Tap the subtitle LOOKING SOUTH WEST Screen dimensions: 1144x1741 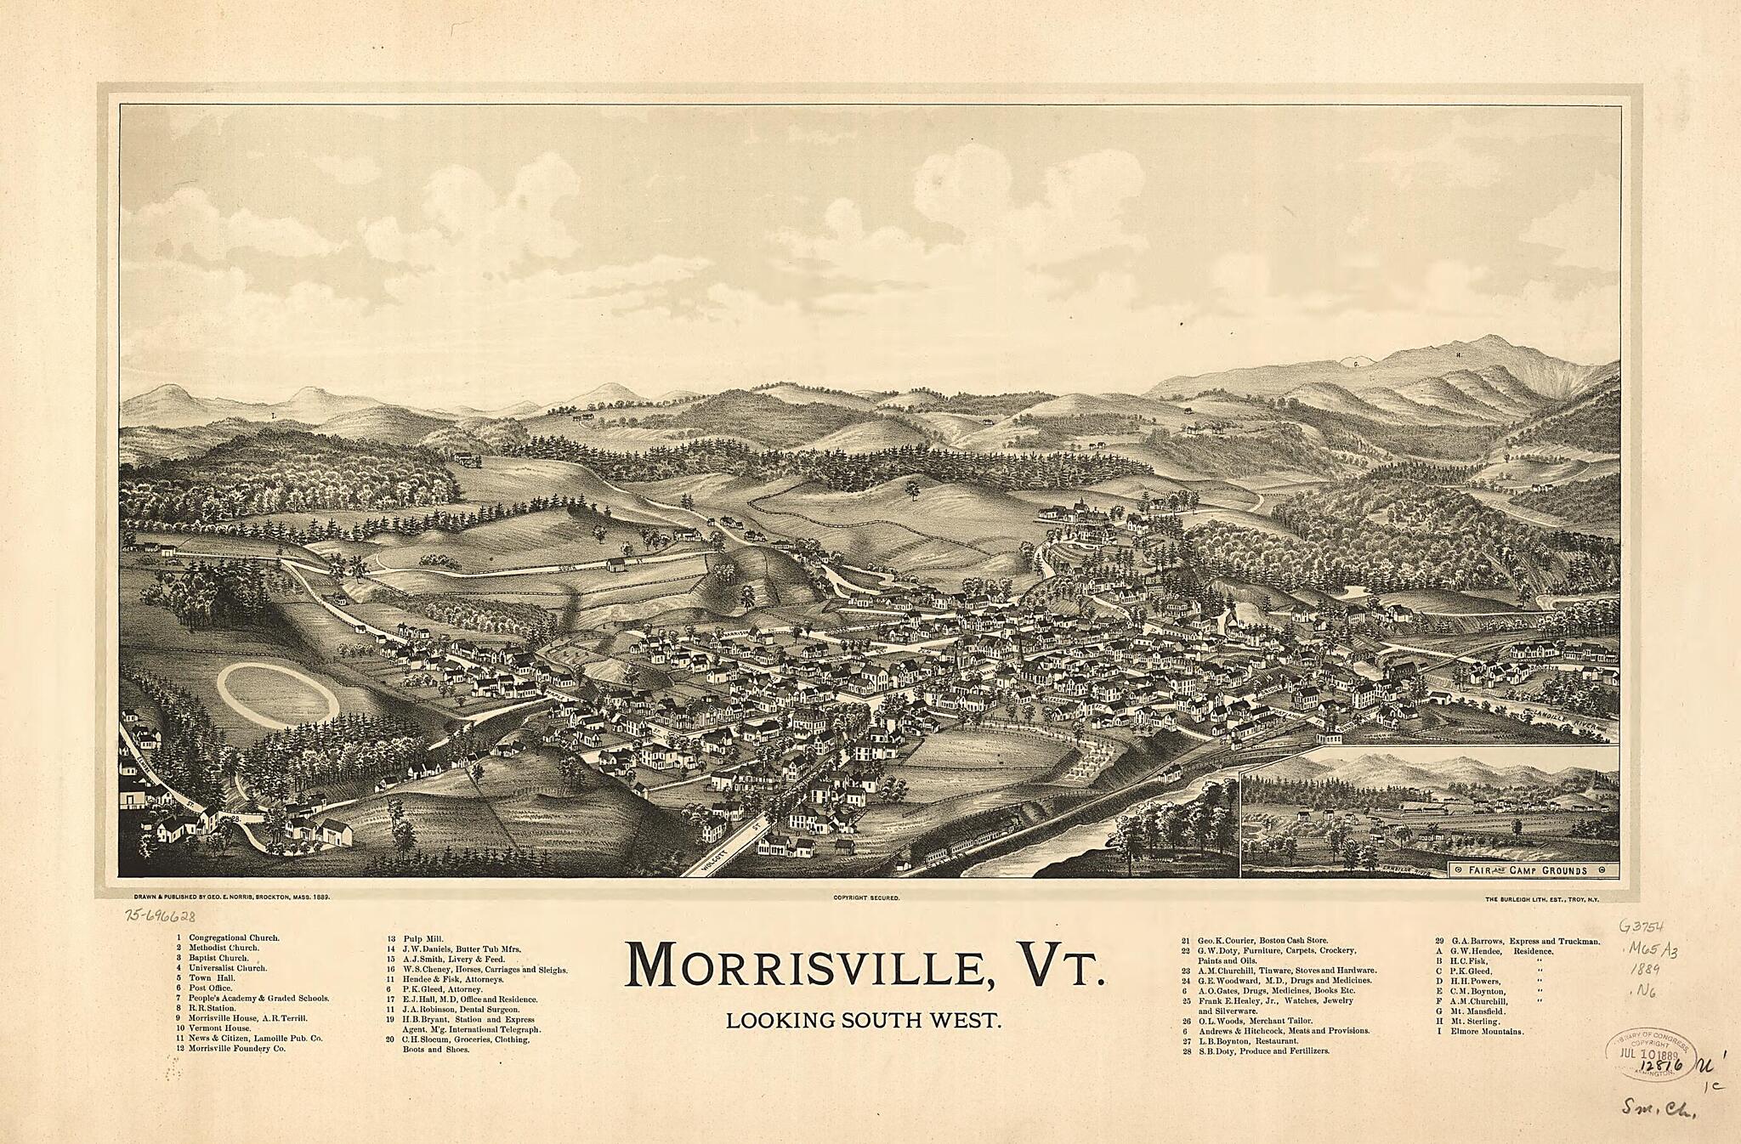click(864, 1020)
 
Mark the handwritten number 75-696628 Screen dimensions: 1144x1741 click(160, 916)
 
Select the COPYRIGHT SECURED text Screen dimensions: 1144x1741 click(866, 898)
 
